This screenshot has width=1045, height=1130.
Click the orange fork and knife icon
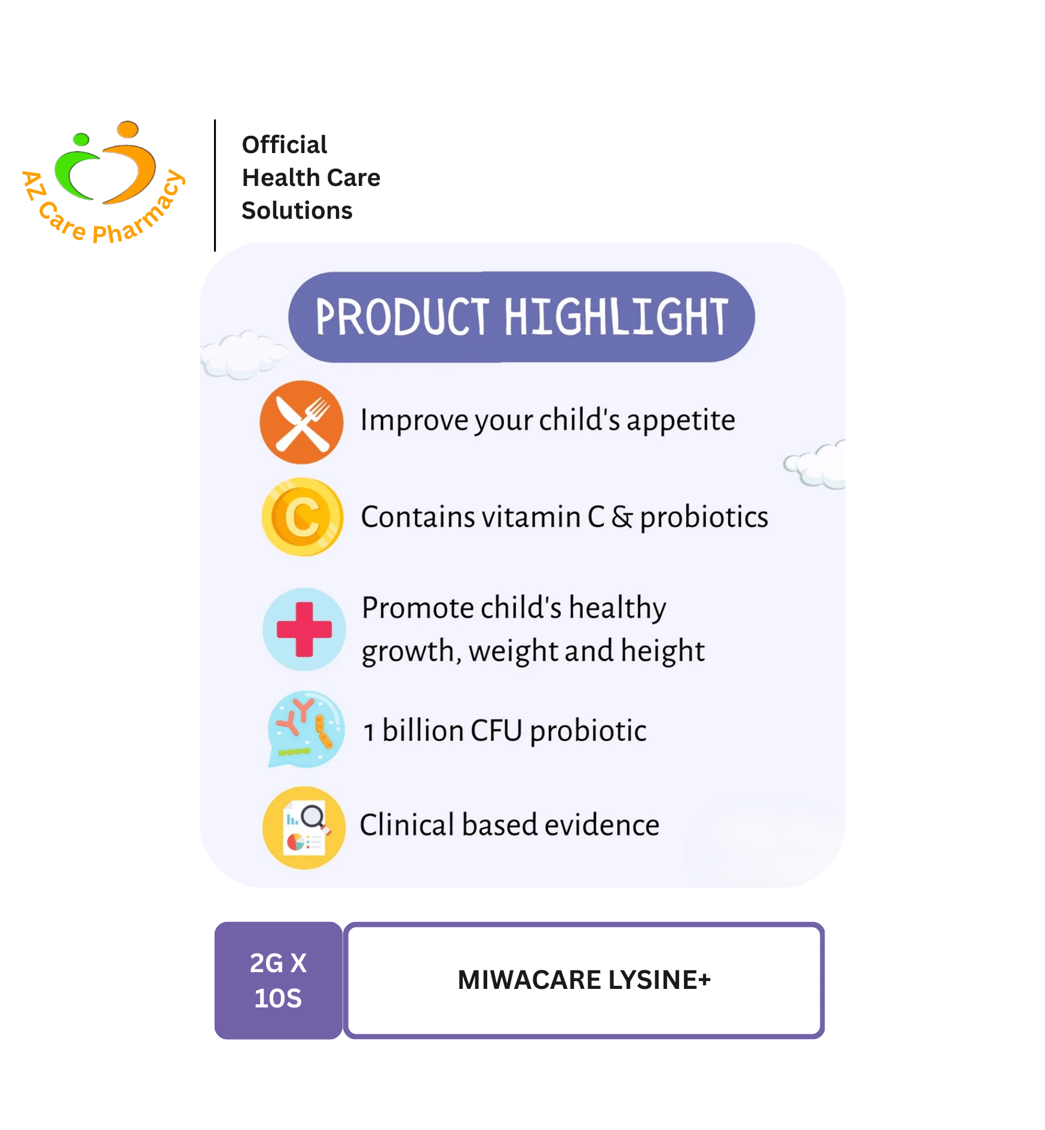point(301,422)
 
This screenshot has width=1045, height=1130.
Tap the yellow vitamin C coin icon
point(302,517)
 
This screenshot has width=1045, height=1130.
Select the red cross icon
point(304,629)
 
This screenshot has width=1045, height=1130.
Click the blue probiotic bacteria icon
point(306,729)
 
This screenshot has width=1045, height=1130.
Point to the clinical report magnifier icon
point(304,827)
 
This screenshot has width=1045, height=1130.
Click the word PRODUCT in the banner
point(403,317)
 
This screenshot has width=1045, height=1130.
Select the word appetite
point(681,422)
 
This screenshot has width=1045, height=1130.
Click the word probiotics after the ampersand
point(704,518)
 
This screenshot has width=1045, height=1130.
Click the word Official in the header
point(285,145)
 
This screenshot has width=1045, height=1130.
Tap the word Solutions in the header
point(297,210)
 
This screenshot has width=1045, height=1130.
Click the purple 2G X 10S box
point(279,981)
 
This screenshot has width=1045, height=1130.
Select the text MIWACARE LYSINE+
point(584,980)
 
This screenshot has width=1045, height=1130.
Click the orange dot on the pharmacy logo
point(127,129)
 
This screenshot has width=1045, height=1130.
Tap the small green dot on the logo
point(81,140)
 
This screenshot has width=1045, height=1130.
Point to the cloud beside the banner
point(242,355)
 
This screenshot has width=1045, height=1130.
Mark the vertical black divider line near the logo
point(215,185)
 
